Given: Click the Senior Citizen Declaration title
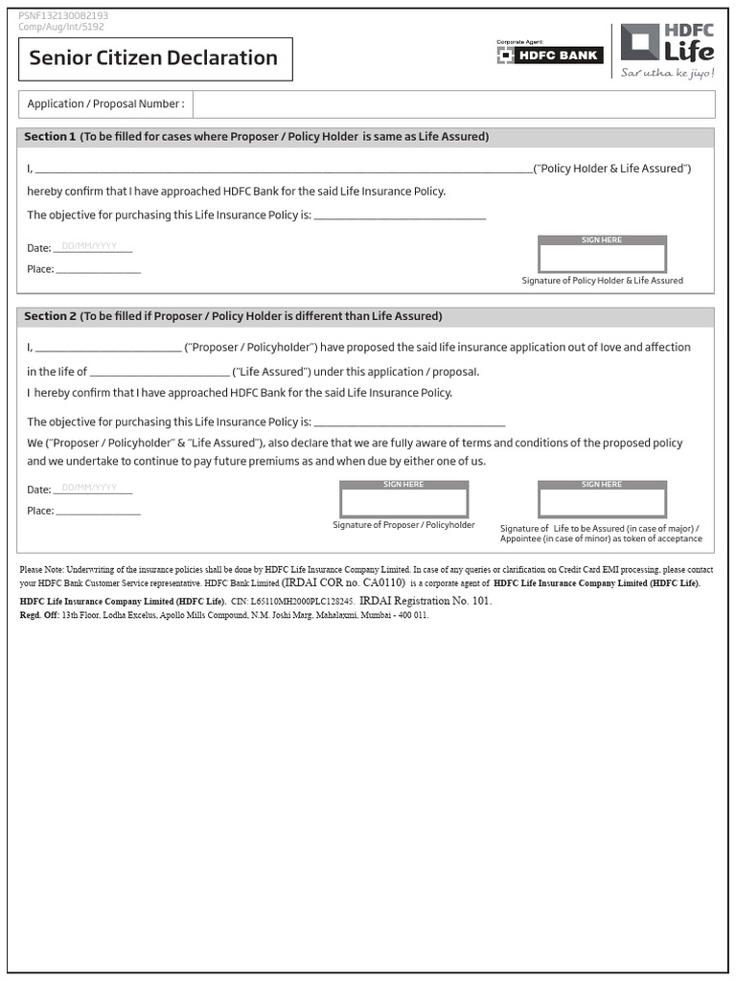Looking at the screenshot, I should [153, 58].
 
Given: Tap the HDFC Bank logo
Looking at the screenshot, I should [549, 55].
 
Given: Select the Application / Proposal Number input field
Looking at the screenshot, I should [453, 104].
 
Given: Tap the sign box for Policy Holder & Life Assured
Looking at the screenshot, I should [602, 258].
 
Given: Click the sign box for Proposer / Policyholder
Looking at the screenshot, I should [403, 502].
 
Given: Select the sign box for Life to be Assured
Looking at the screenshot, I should [602, 502].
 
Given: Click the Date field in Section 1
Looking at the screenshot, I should [93, 247].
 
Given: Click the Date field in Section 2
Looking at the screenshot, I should [93, 489].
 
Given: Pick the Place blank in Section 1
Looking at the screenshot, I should [98, 270].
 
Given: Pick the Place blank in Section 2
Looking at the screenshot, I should [98, 512].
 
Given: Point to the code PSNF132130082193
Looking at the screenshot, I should [63, 16].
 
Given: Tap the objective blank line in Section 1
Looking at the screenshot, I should [400, 216].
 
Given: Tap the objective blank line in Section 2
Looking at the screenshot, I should [409, 422].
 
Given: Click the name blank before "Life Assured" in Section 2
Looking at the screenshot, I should [159, 373].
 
